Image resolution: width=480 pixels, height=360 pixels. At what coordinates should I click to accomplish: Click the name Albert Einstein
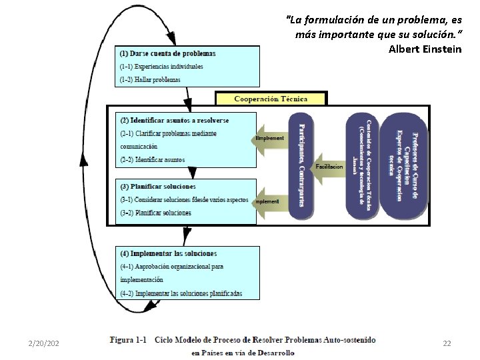point(425,49)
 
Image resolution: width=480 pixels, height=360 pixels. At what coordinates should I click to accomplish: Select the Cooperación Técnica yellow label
point(271,99)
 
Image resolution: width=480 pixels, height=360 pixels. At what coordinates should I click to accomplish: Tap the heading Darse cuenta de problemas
point(167,53)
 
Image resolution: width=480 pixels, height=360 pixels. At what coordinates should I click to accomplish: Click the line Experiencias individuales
point(161,67)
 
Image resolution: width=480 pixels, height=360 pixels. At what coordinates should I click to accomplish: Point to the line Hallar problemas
point(150,80)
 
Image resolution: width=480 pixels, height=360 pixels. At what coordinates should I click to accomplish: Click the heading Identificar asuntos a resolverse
point(175,120)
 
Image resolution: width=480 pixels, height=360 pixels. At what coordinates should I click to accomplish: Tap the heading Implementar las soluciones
point(169,253)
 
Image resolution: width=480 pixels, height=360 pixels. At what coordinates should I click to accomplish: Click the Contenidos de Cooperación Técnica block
point(367,164)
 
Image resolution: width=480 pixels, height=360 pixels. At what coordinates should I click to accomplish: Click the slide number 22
point(447,343)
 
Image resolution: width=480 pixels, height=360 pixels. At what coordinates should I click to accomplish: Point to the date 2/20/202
point(44,343)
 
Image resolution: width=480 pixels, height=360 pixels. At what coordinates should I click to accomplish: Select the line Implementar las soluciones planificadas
point(181,293)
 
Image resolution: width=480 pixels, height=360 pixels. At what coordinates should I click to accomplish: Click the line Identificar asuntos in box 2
point(153,160)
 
